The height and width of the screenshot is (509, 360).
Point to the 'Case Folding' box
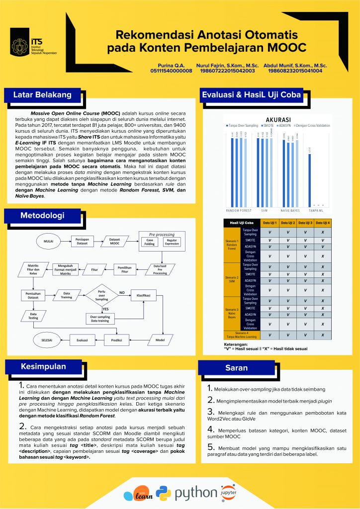click(151, 242)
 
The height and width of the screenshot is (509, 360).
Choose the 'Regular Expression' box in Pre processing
click(173, 242)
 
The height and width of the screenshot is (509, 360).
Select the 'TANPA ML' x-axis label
click(316, 210)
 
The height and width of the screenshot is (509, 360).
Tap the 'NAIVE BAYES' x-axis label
click(289, 210)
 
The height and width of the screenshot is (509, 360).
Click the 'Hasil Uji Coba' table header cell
click(241, 223)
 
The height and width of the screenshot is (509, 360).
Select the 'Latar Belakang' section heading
click(42, 95)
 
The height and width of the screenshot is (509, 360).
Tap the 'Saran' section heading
click(237, 368)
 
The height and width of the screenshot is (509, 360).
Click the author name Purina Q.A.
click(171, 65)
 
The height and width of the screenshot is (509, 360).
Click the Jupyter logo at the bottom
click(226, 493)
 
